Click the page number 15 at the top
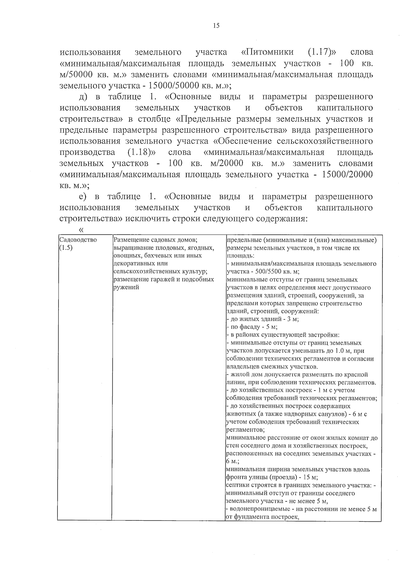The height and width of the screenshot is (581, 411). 216,26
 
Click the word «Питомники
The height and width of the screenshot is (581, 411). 267,52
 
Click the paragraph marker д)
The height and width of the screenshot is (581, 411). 84,97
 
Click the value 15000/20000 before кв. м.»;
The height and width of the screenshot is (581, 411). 347,175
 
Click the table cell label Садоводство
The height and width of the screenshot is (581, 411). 78,239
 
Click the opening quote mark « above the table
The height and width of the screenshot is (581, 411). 81,230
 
